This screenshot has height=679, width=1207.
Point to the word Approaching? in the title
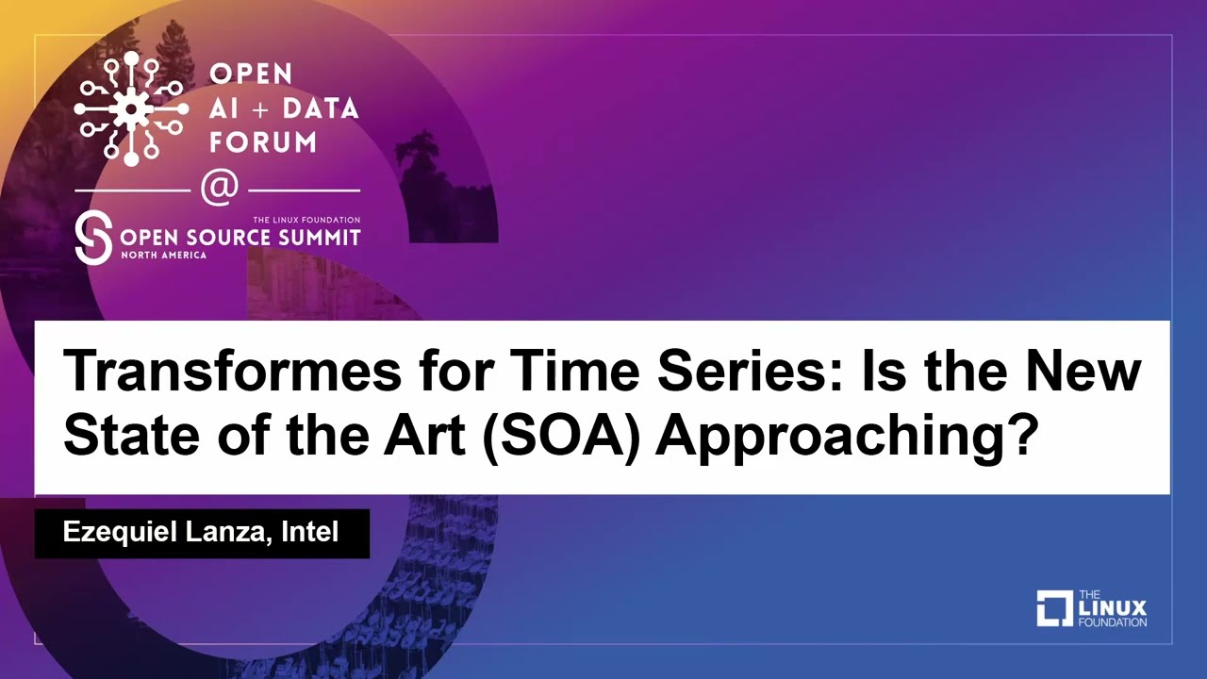point(844,436)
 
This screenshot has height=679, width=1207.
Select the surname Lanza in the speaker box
point(230,533)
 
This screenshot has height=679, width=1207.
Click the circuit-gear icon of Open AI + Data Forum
point(131,108)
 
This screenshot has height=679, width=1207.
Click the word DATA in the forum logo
point(321,108)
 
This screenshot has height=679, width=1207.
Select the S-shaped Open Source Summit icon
point(93,238)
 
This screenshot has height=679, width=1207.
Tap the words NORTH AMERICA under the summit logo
point(162,256)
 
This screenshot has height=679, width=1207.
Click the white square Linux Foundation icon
point(1054,608)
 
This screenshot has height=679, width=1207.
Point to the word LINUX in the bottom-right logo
point(1112,608)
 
